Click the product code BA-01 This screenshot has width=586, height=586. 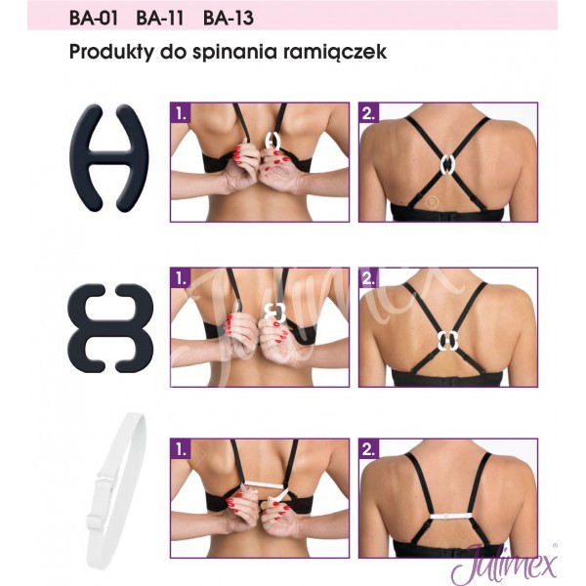(94, 19)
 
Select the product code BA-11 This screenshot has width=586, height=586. (160, 19)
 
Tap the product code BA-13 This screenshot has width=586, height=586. (229, 19)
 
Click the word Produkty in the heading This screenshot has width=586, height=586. (111, 52)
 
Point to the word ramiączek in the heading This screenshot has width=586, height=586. (335, 52)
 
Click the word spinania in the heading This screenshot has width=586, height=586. (235, 52)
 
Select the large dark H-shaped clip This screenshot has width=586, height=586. (109, 158)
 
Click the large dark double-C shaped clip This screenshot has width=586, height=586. (110, 328)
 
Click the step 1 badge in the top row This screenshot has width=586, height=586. (181, 113)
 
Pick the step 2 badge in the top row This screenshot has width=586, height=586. (369, 113)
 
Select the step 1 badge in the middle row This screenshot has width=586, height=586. (181, 278)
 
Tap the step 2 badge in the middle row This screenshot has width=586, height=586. (369, 278)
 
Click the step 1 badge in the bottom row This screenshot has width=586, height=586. (181, 449)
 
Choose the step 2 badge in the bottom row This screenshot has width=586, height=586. (369, 449)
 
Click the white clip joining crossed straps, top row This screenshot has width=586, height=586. (447, 164)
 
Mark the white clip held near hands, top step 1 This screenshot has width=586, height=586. (272, 141)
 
